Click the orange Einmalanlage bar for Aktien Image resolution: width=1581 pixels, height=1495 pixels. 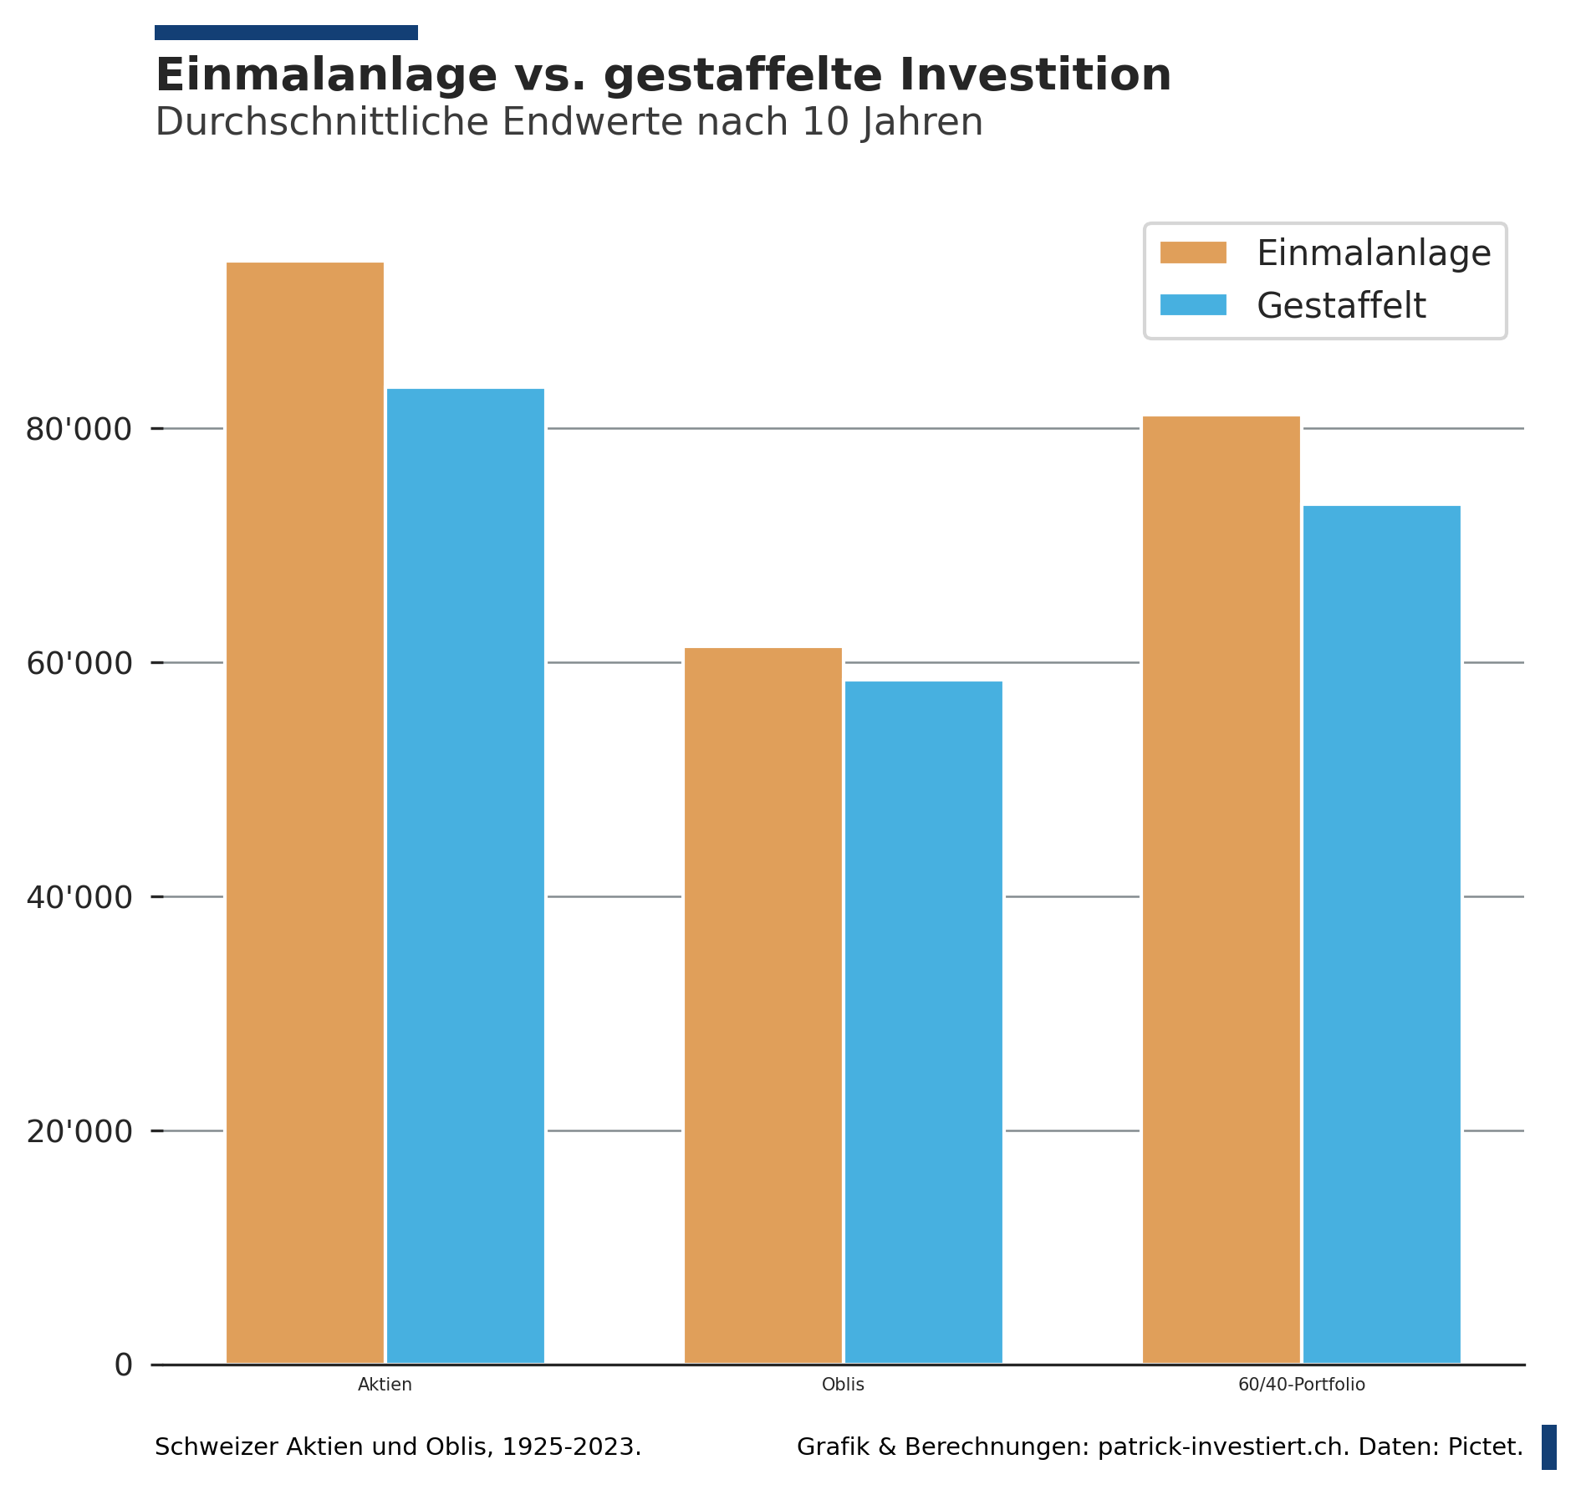305,811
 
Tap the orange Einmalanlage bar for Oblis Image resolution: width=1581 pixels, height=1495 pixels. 763,1003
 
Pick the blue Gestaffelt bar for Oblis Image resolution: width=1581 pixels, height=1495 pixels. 924,1020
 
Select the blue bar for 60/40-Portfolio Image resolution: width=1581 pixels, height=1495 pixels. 1382,932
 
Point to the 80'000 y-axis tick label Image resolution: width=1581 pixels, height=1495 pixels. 79,430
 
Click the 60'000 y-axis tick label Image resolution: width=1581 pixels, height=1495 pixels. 79,664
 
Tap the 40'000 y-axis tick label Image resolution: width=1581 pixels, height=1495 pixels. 79,898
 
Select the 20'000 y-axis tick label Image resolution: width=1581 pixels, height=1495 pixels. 79,1132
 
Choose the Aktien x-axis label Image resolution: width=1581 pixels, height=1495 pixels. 385,1385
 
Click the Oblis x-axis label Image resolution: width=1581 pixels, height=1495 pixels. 843,1385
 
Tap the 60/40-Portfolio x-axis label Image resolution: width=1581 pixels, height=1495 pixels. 1302,1385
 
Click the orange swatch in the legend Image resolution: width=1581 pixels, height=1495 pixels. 1193,253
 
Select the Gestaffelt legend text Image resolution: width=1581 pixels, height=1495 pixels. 1341,306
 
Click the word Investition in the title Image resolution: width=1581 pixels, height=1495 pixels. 1035,75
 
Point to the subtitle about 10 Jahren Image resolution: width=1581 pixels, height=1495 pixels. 569,122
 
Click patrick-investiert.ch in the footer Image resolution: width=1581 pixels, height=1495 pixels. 1222,1447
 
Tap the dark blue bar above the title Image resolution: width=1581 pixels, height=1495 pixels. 286,33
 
